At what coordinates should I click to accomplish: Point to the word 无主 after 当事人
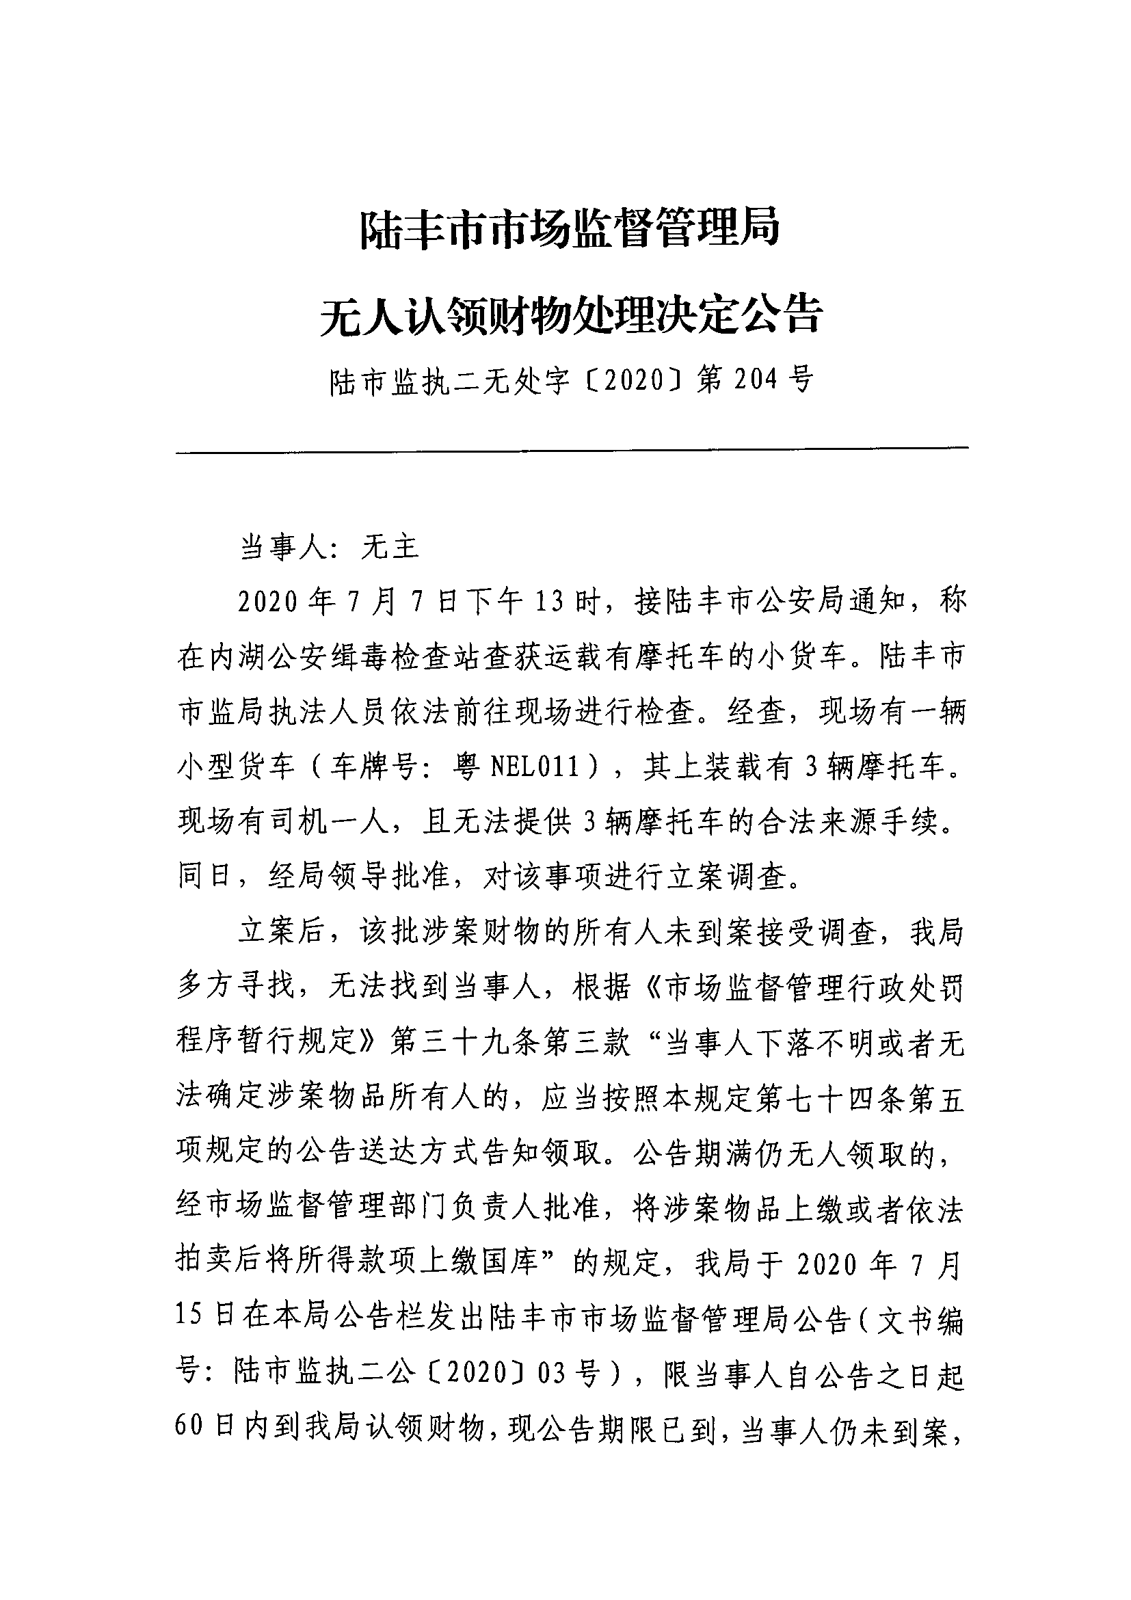click(x=390, y=548)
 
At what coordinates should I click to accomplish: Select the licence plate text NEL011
click(x=535, y=768)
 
